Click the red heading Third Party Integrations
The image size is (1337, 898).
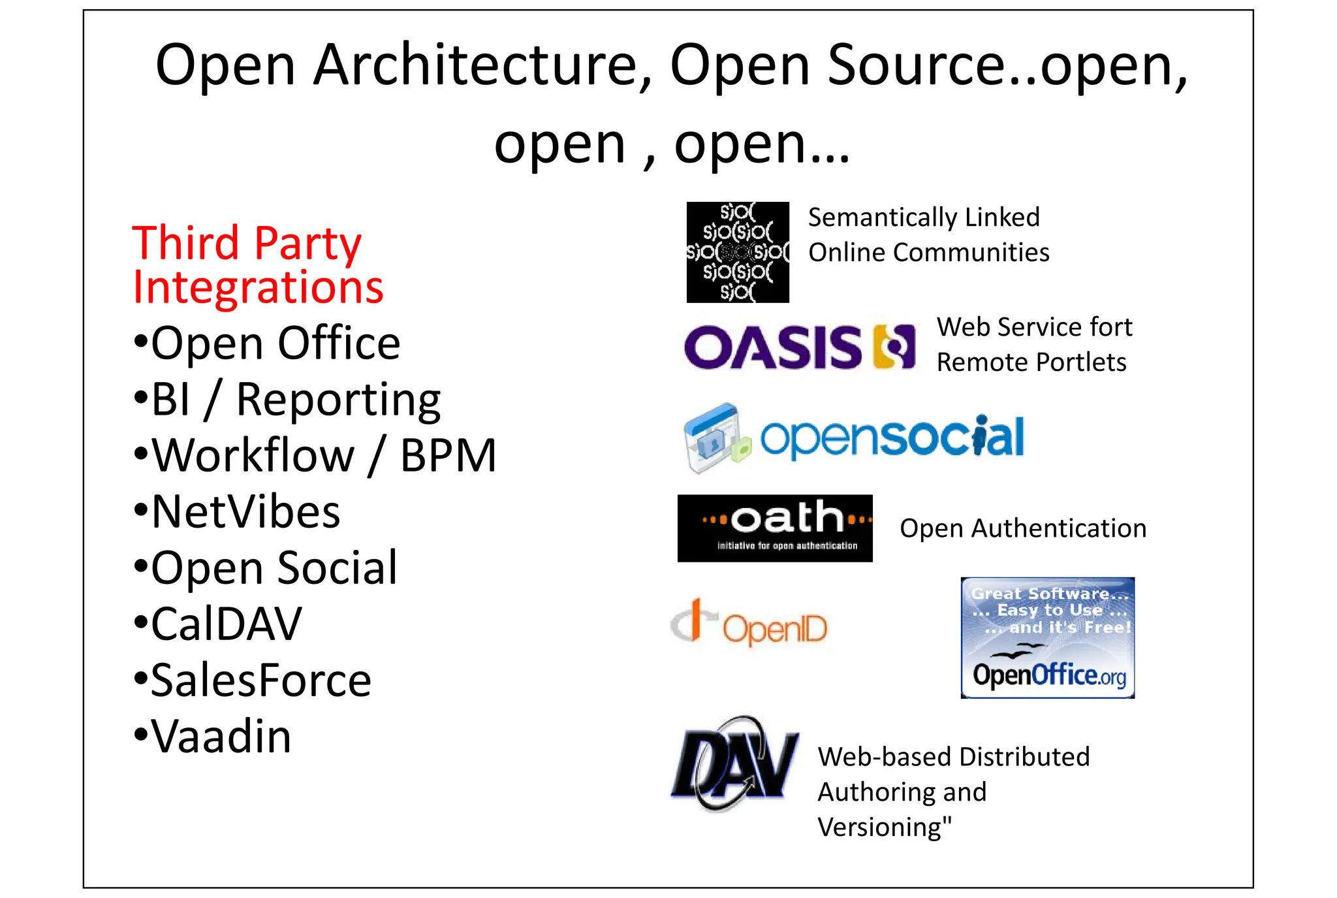click(257, 265)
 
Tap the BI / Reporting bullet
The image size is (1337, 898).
click(288, 399)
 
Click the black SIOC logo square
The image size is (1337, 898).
click(738, 252)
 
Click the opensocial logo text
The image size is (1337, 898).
click(892, 437)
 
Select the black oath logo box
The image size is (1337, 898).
click(775, 528)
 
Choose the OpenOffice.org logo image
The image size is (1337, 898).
click(1047, 637)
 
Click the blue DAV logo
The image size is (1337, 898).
click(734, 764)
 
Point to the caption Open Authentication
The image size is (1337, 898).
click(1023, 528)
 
